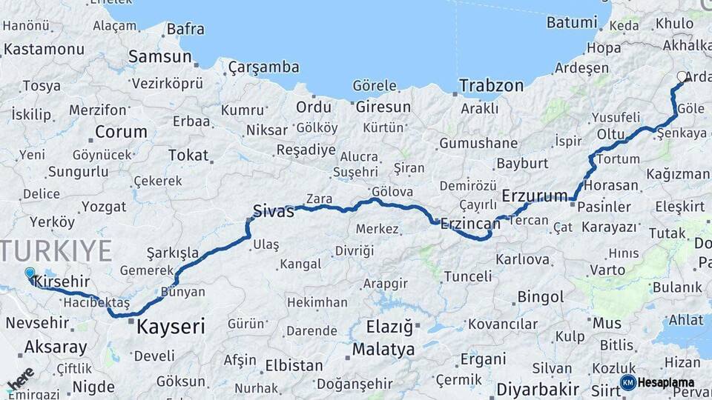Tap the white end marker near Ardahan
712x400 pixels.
[x=682, y=76]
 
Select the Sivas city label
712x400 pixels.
[x=273, y=210]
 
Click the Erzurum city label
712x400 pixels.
[x=534, y=196]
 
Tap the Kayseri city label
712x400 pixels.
[x=171, y=326]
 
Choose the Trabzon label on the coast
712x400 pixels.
[x=491, y=86]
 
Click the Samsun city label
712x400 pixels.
[x=159, y=56]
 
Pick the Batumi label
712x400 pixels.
[x=571, y=22]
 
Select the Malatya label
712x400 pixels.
[x=383, y=349]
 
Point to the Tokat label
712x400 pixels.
[x=188, y=155]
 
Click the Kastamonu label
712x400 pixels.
[x=44, y=50]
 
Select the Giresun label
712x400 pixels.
[x=383, y=107]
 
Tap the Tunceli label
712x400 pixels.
[x=467, y=276]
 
